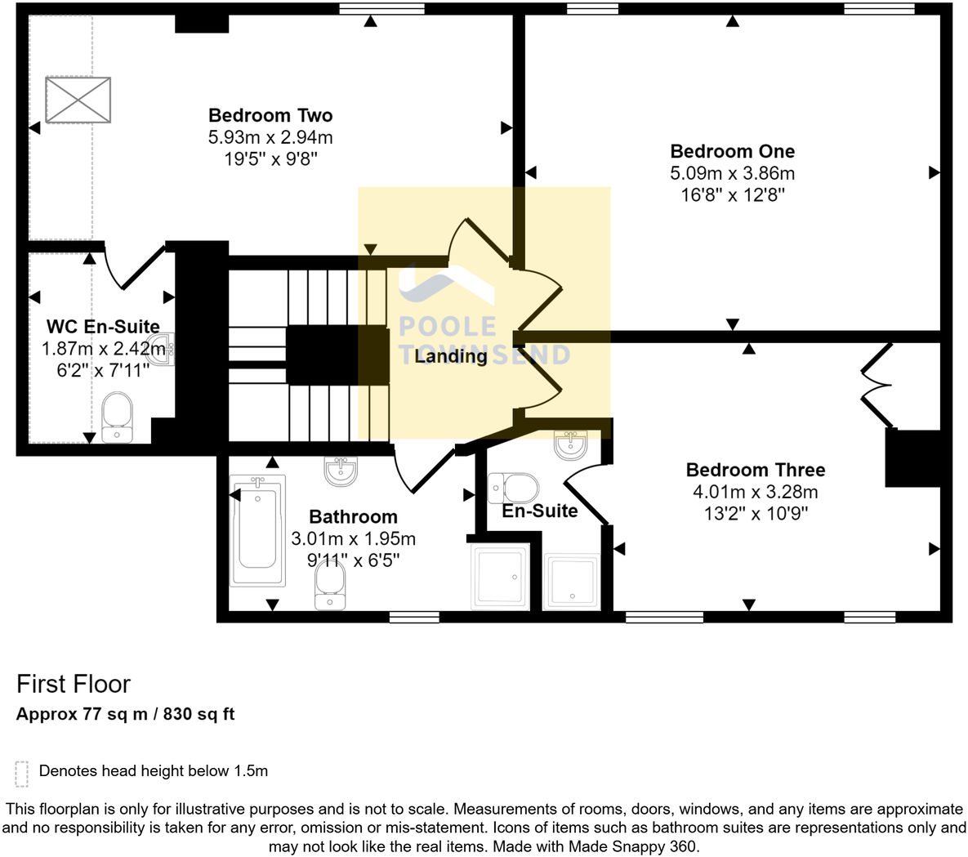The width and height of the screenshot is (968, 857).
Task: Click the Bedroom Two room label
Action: click(270, 115)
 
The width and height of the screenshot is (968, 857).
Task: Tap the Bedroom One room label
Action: click(732, 151)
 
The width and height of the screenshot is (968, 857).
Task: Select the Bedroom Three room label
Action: click(755, 470)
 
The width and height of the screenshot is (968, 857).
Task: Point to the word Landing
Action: click(450, 356)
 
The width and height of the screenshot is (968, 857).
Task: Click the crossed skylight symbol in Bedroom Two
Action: click(78, 100)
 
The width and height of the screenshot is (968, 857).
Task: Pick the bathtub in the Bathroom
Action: click(257, 529)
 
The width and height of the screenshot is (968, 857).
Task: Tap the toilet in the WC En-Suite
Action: click(118, 417)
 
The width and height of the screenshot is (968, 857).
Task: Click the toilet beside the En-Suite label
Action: click(514, 489)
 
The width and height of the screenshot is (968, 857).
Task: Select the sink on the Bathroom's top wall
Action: click(340, 470)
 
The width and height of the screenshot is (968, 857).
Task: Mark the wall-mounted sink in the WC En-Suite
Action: click(165, 347)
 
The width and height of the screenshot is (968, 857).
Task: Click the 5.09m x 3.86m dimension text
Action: click(732, 173)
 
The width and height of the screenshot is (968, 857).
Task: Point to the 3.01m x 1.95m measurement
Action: click(353, 539)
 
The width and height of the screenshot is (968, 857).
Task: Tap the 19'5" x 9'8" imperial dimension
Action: click(270, 158)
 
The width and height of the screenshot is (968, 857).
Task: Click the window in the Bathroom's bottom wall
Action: click(414, 617)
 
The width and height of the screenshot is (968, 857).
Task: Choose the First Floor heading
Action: click(74, 684)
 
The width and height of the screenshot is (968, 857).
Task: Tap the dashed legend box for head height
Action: click(22, 773)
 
